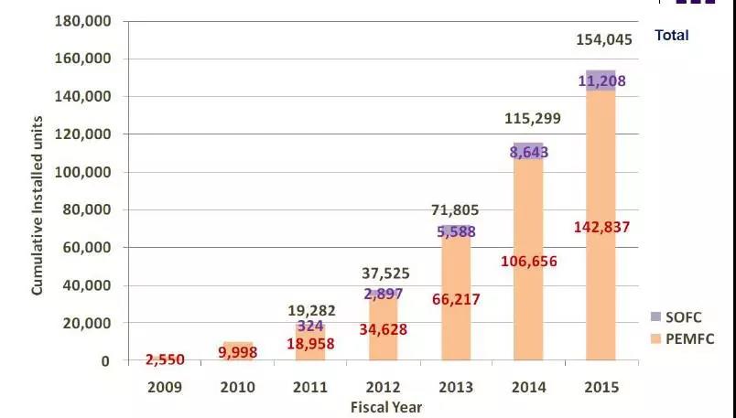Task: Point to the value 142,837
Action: click(x=601, y=228)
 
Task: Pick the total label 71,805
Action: click(x=455, y=211)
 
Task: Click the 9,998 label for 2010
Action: click(x=238, y=352)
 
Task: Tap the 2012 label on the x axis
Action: click(x=383, y=387)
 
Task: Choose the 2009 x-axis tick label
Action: click(x=165, y=387)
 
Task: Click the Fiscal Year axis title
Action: click(x=385, y=406)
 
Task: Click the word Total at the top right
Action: click(x=671, y=36)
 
